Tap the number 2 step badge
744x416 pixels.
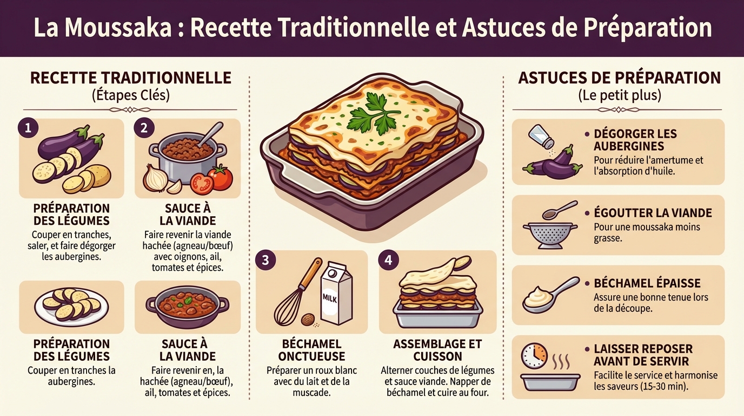coord(144,128)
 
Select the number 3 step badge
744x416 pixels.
coord(265,260)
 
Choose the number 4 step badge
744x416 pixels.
coord(388,260)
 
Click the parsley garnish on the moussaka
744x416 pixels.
coord(373,112)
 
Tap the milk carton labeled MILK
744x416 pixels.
coord(336,295)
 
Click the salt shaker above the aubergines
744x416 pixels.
coord(541,136)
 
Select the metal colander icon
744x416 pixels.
coord(548,235)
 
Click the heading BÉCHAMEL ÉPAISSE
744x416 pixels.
coord(647,283)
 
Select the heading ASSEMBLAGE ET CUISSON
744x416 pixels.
coord(437,350)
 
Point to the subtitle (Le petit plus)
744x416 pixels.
coord(619,96)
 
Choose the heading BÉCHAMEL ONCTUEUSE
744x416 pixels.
coord(311,350)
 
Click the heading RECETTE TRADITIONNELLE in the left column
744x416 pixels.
coord(131,77)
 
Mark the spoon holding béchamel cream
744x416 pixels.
coord(549,295)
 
